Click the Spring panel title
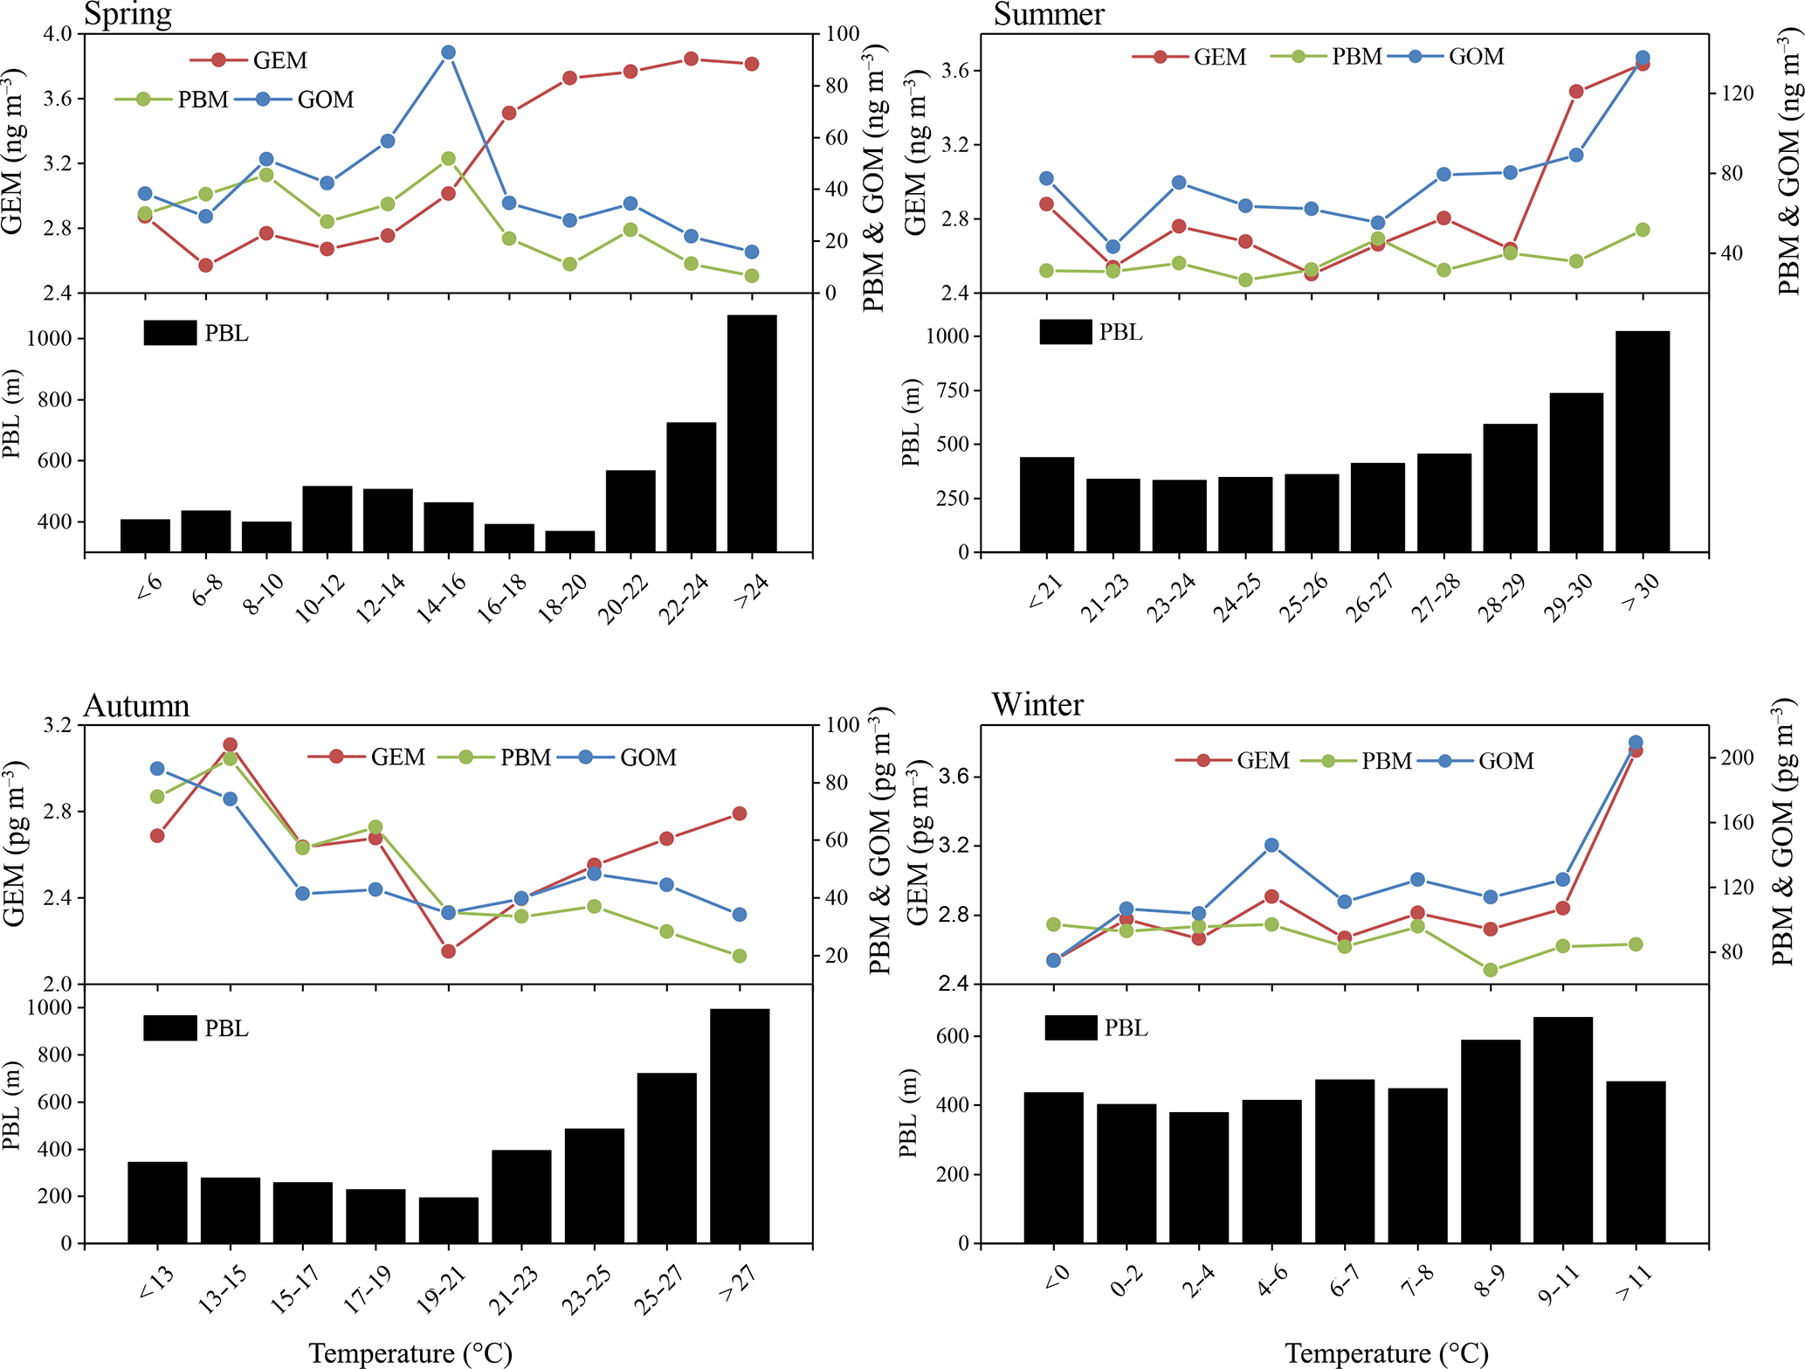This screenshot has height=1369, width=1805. coord(127,14)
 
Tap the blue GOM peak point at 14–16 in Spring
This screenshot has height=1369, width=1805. coord(448,52)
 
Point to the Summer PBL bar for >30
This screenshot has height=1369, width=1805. coord(1642,441)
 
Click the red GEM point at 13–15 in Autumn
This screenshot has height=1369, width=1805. coord(230,745)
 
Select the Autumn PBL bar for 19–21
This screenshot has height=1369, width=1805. coord(448,1220)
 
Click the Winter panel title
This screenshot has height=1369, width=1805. coord(1037,704)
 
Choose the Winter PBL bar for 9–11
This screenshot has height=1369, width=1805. coord(1562,1130)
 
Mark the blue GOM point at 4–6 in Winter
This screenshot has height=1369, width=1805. coord(1271,845)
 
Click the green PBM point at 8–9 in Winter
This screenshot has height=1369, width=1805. coord(1490,970)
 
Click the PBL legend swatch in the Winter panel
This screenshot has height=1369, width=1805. coord(1071,1027)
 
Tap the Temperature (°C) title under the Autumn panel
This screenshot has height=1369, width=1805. coord(410,1353)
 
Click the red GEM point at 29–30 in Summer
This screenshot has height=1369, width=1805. coord(1575,91)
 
